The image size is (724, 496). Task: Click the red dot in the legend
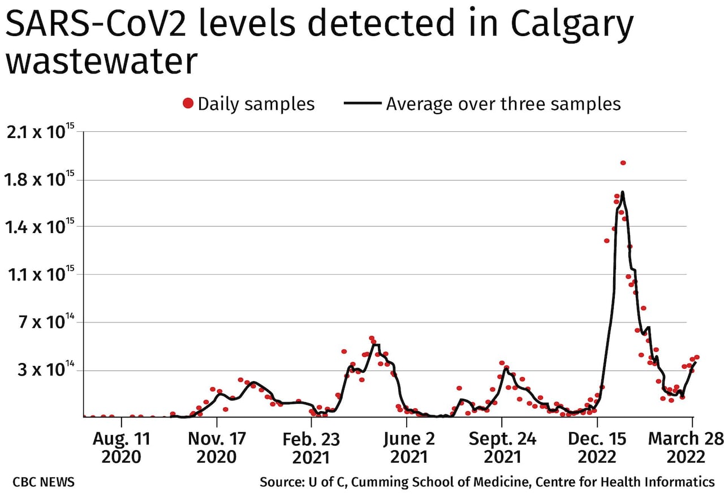click(x=188, y=103)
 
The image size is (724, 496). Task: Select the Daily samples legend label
click(x=256, y=104)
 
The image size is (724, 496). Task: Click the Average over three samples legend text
click(x=503, y=104)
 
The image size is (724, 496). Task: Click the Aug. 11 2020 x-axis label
click(x=121, y=447)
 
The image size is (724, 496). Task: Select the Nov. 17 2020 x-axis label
click(x=217, y=447)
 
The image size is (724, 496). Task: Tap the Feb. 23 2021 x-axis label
click(x=311, y=447)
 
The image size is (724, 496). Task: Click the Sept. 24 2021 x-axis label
click(x=502, y=447)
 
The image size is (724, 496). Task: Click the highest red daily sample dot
click(x=623, y=163)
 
